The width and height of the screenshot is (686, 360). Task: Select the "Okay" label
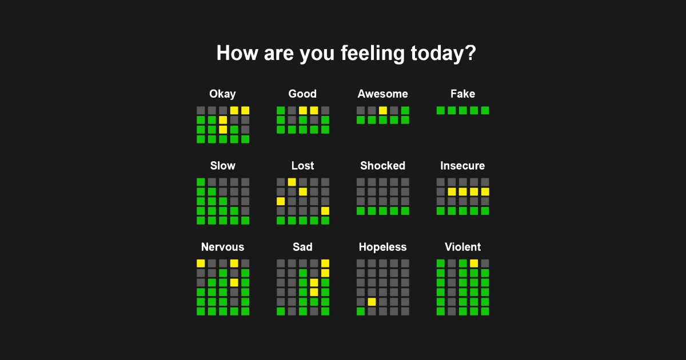222,94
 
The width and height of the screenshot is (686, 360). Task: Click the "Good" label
302,94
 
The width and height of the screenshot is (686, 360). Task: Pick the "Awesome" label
382,94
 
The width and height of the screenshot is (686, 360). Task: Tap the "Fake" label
462,94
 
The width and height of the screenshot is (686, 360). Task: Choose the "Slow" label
222,166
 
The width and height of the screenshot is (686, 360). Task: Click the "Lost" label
302,166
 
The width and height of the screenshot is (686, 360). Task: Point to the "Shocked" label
382,166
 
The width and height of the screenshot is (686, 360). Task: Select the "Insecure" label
462,166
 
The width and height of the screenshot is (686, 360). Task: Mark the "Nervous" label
222,247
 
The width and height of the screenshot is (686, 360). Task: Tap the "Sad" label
302,247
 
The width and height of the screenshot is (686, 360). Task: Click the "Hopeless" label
382,247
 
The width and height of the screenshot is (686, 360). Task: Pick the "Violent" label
462,247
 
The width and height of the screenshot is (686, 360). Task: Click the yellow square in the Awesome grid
383,110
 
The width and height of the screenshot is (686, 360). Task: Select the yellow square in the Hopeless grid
372,302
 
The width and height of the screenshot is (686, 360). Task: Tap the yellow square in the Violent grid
474,263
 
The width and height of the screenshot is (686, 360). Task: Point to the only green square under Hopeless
361,311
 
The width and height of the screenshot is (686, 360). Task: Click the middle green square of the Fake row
462,110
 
